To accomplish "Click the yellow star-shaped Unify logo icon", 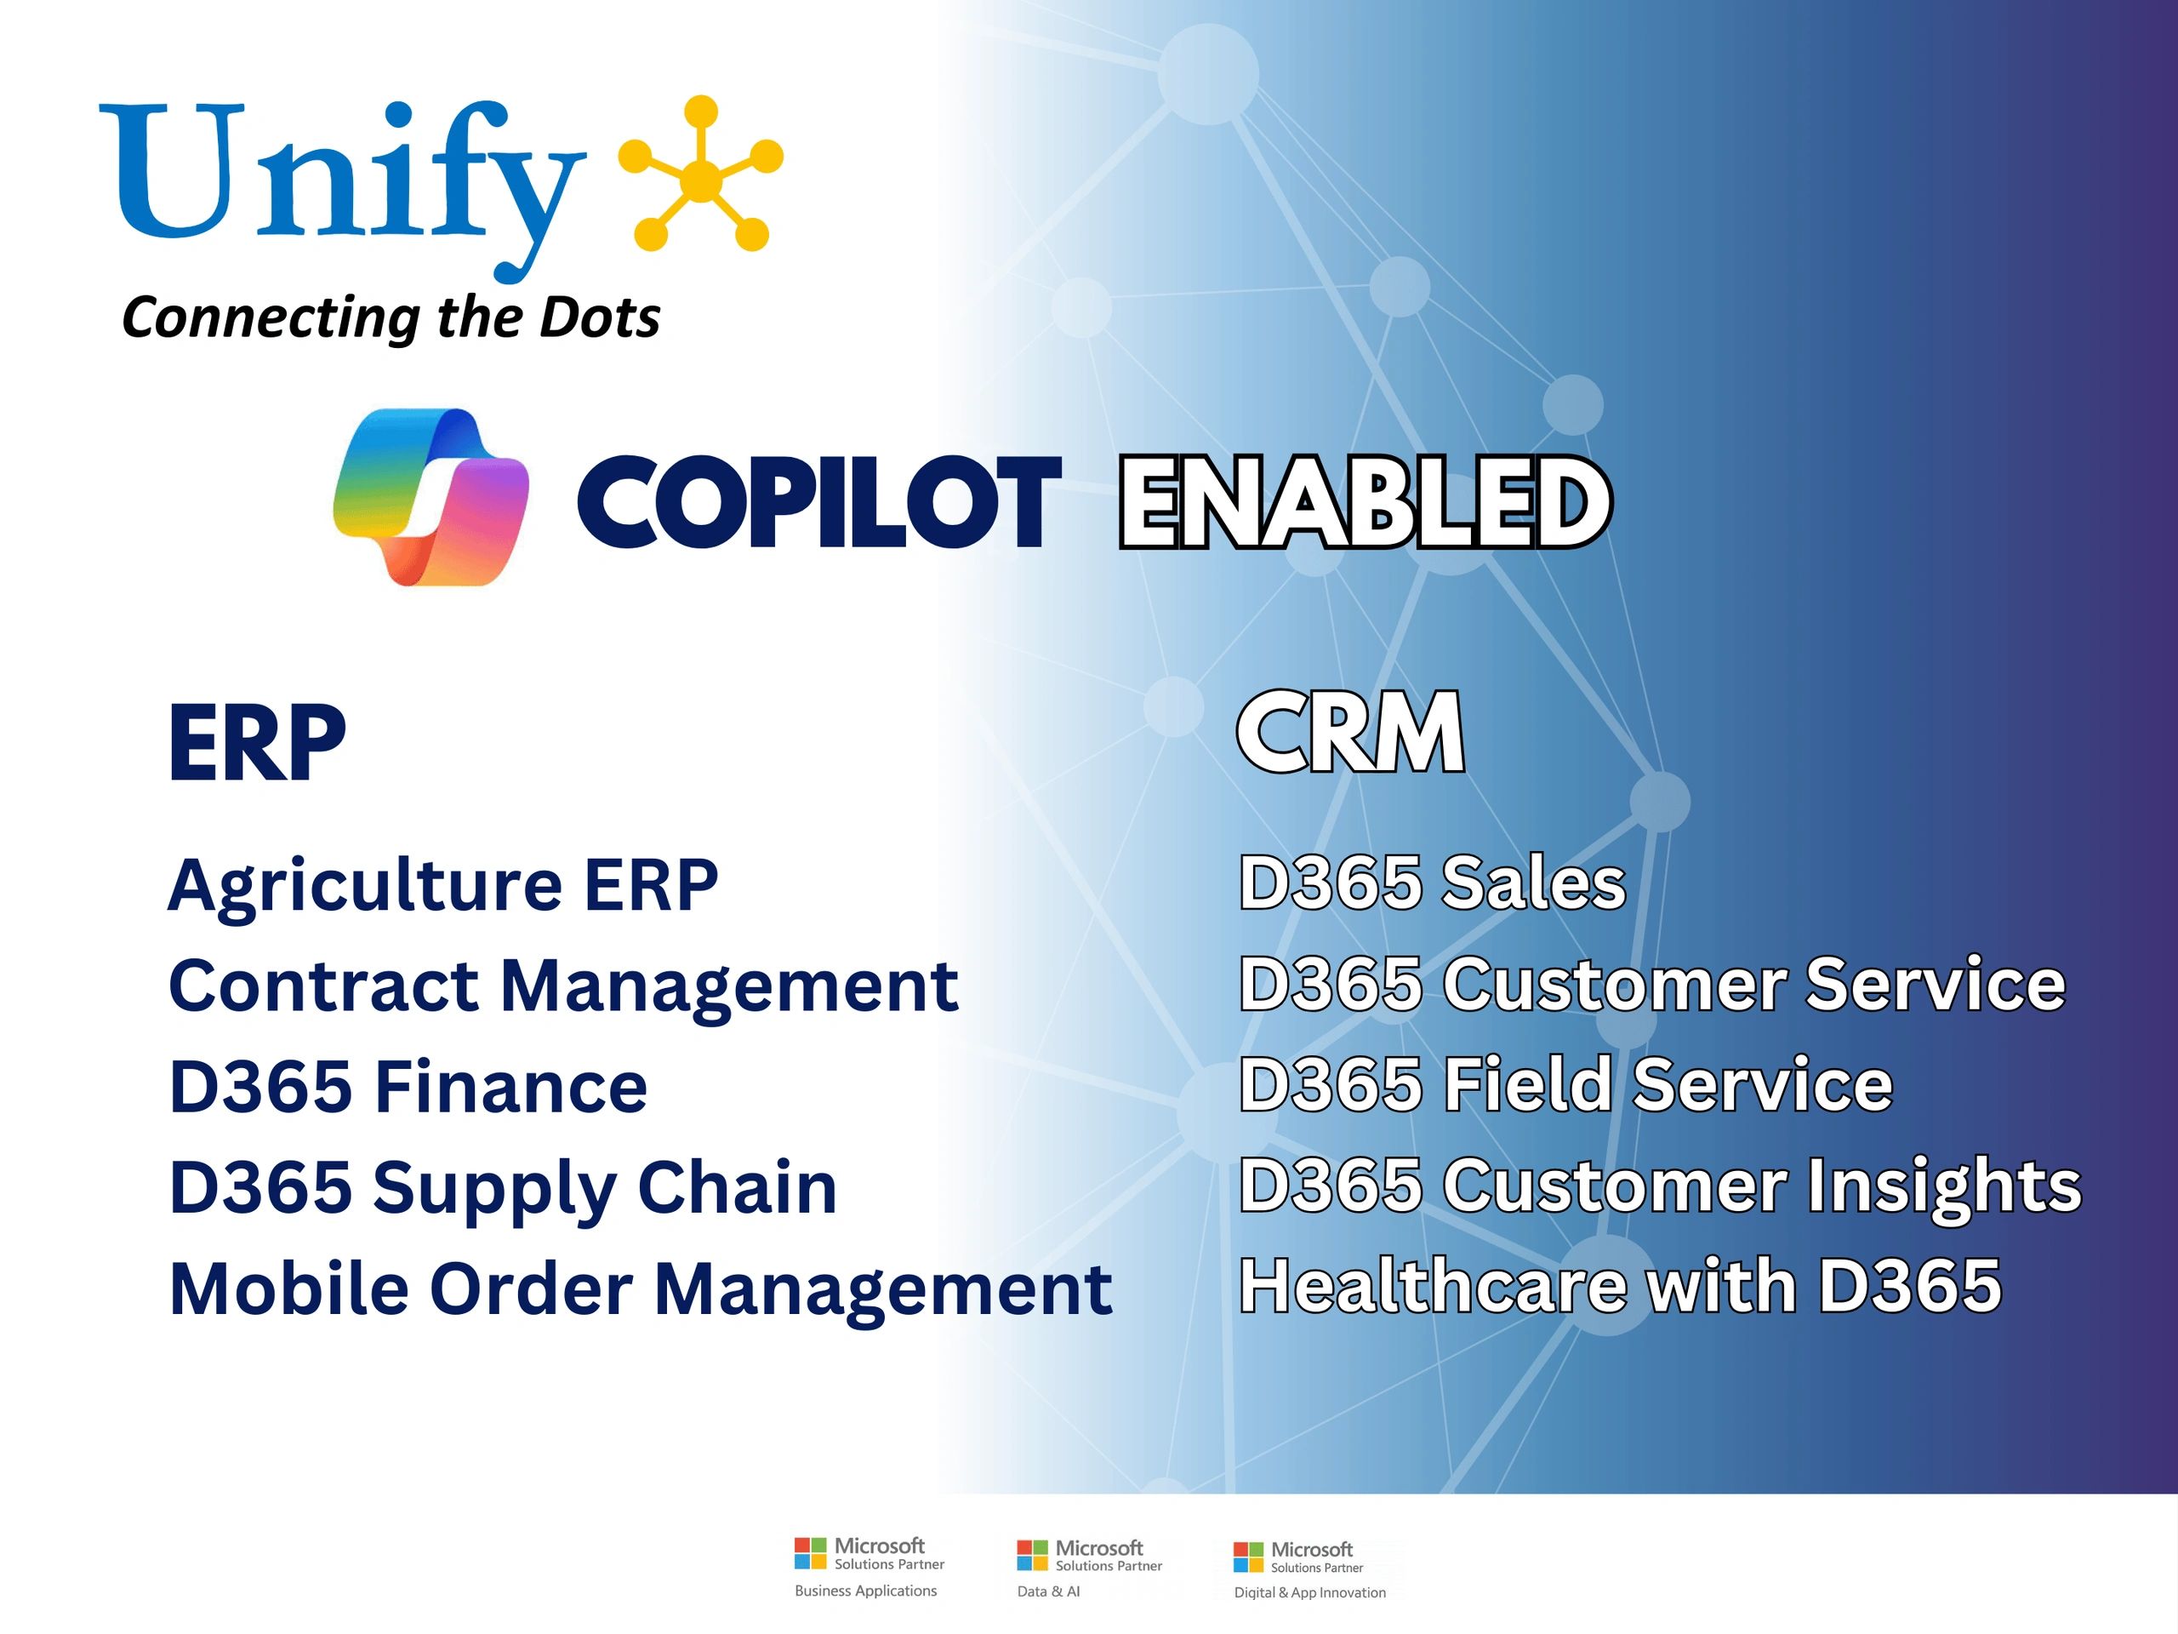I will coord(700,174).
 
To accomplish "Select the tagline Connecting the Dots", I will coord(391,317).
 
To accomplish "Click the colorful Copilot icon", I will coord(431,497).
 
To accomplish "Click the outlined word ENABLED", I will coord(1365,501).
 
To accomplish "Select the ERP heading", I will coord(257,743).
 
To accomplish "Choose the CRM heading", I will coord(1350,733).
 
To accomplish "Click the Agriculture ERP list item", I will coord(443,884).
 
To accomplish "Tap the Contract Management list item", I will coord(563,985).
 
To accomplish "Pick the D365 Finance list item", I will coord(408,1087).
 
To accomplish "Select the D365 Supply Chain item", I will coord(502,1188).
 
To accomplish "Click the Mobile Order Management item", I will coord(640,1288).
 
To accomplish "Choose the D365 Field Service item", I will coord(1565,1083).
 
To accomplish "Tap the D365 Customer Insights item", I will coord(1660,1185).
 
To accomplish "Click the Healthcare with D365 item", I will coord(1620,1285).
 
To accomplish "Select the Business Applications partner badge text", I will coord(865,1591).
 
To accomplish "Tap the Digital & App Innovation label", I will coord(1309,1592).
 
